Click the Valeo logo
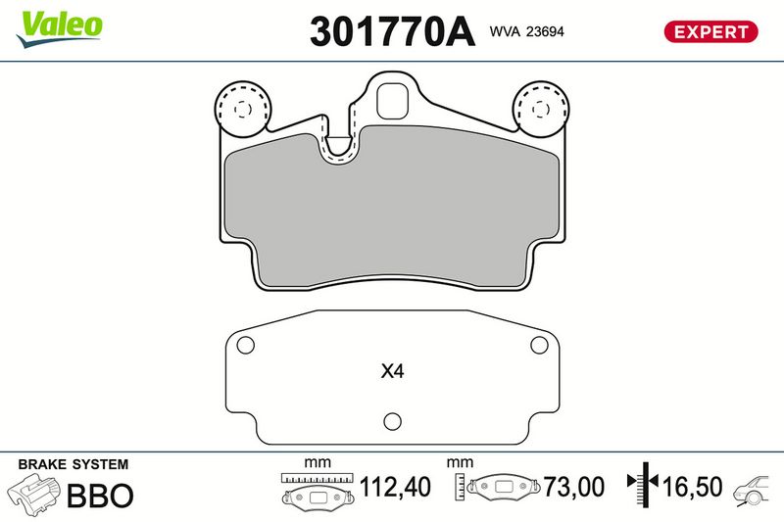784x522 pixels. pos(59,23)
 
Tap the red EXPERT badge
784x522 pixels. pos(711,31)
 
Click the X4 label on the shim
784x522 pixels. pos(392,372)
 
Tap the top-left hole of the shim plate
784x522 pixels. pos(246,345)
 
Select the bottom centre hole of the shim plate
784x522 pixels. pos(391,422)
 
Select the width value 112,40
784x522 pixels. pos(395,487)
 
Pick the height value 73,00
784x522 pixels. pos(575,487)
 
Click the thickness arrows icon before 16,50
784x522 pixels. pos(644,485)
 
